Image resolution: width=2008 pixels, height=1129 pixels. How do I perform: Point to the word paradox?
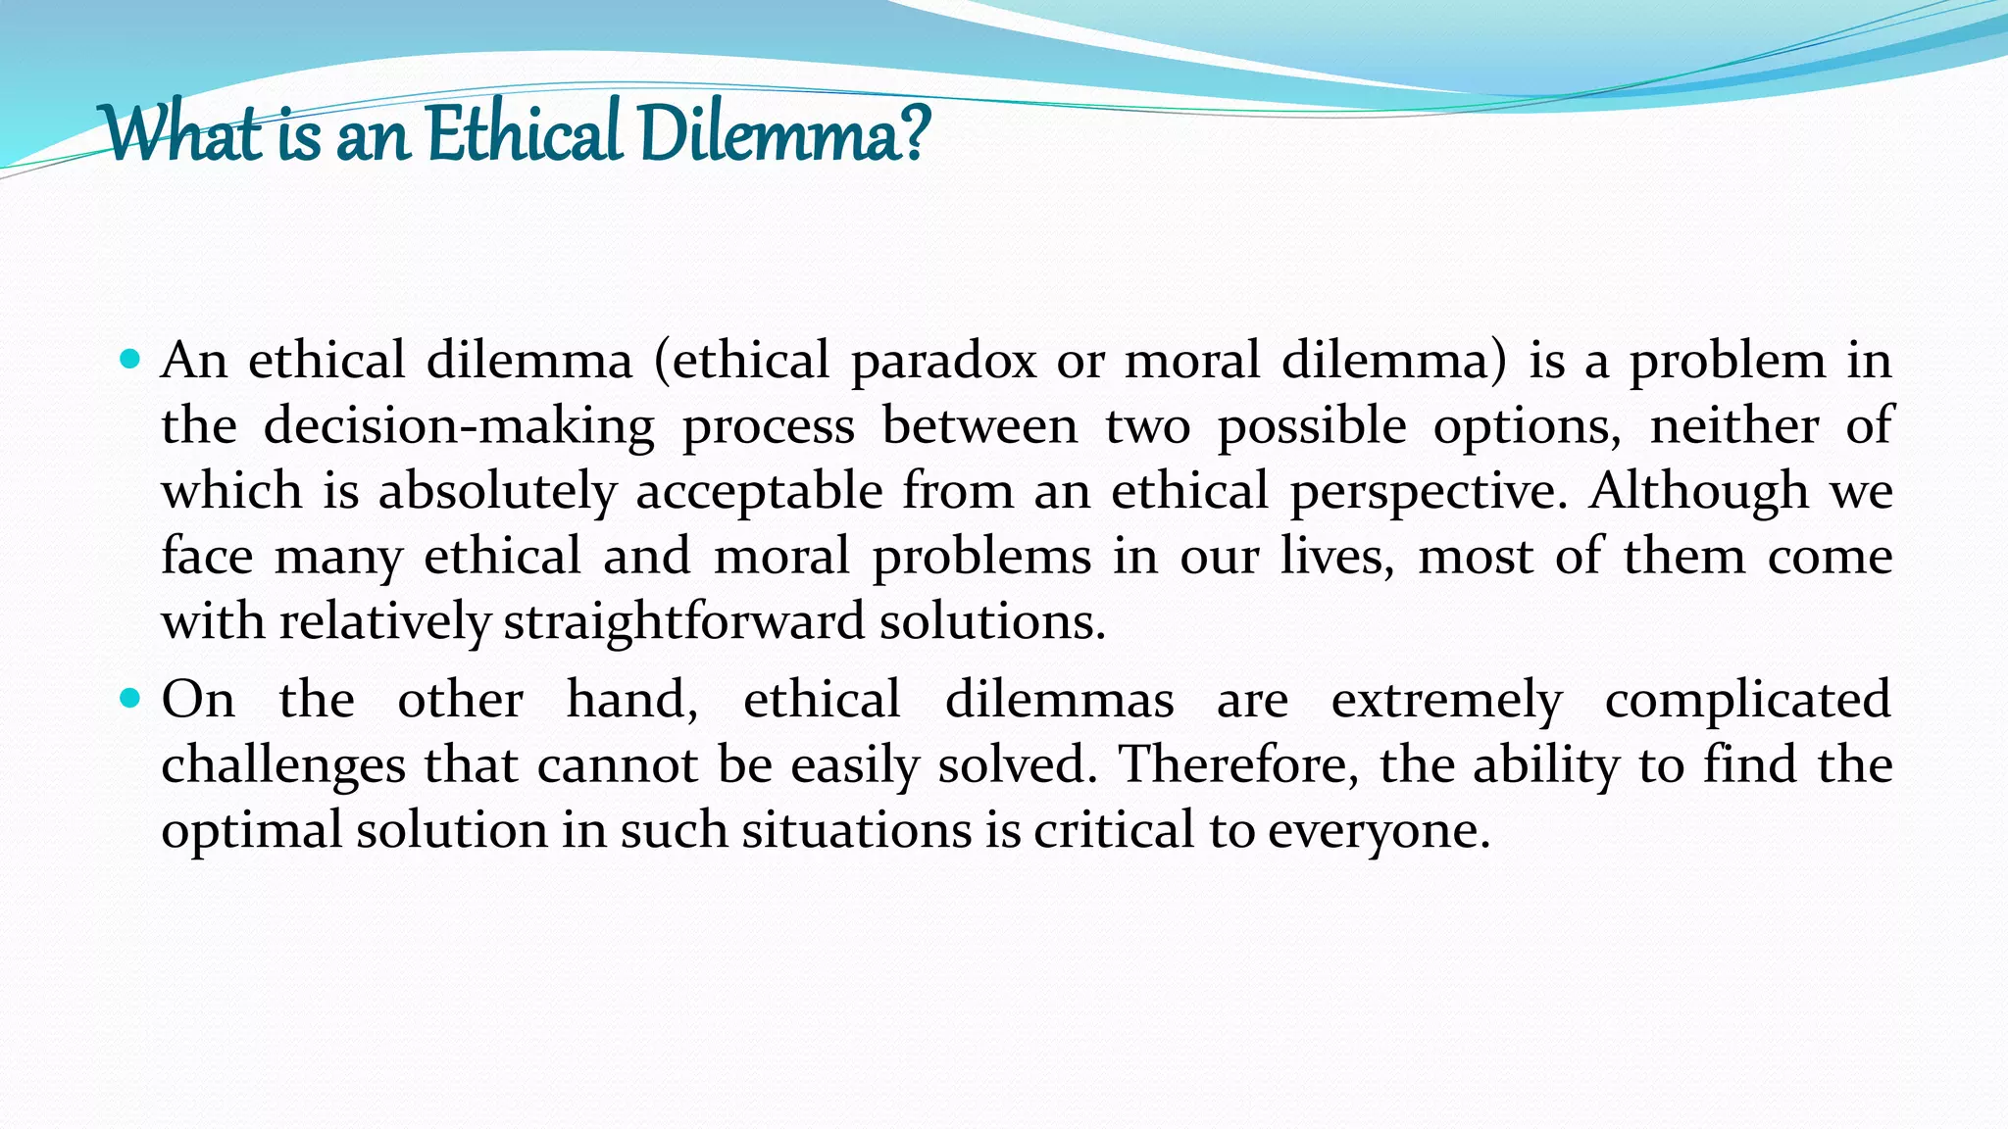tap(943, 361)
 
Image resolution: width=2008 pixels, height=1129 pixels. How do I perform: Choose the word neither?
tap(1733, 425)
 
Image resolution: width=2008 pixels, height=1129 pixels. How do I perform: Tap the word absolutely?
tap(497, 491)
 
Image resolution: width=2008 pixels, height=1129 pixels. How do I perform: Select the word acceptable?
tap(759, 491)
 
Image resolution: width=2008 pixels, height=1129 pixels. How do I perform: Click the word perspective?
tap(1423, 491)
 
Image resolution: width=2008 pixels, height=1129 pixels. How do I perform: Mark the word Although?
tap(1698, 491)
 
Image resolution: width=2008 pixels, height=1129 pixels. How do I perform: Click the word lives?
tap(1336, 557)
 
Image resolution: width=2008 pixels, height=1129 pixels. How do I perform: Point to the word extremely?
tap(1446, 700)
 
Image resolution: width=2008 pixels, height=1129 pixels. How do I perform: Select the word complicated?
tap(1747, 700)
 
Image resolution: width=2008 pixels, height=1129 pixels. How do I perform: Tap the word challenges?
tap(282, 765)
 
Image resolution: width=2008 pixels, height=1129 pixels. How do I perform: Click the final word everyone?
tap(1379, 831)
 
